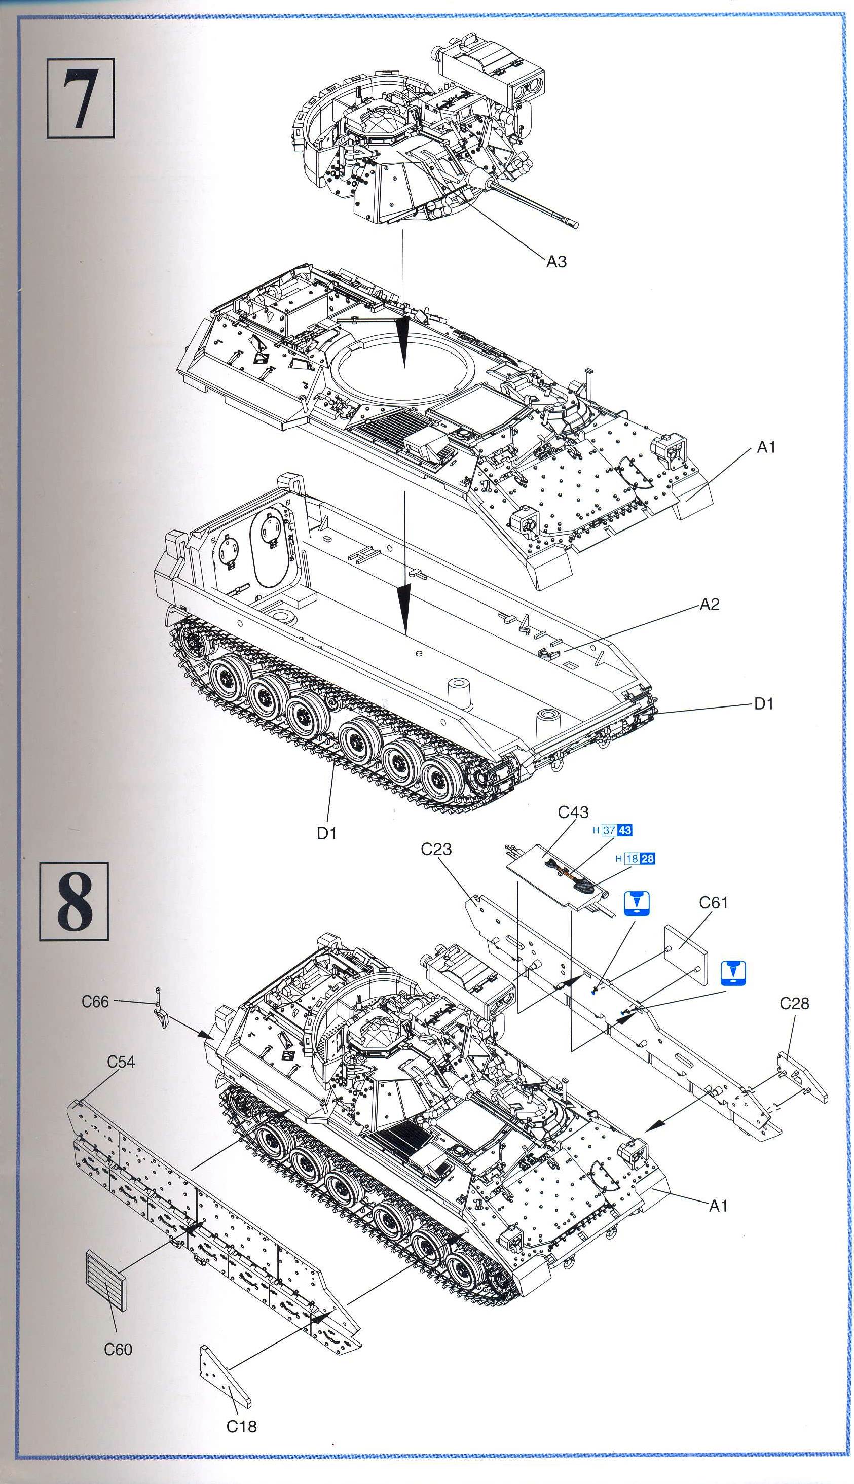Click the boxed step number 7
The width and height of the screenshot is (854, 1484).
(x=81, y=98)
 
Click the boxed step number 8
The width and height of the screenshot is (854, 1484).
(x=75, y=901)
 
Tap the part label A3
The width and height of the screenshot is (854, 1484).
(x=556, y=262)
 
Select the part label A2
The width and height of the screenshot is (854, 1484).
(x=709, y=605)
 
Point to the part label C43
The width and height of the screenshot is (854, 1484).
(x=573, y=812)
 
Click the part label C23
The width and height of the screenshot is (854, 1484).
(x=436, y=849)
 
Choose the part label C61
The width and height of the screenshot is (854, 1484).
(x=713, y=902)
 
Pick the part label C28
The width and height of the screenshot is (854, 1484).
(x=794, y=1003)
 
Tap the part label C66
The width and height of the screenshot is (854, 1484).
(x=95, y=1002)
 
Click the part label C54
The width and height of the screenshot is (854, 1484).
(x=121, y=1062)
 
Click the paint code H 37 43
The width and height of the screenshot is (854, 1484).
(x=612, y=830)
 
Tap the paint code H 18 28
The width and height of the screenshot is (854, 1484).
(x=635, y=859)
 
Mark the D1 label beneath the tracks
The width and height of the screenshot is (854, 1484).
(x=327, y=833)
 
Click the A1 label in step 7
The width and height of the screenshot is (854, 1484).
(x=766, y=448)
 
